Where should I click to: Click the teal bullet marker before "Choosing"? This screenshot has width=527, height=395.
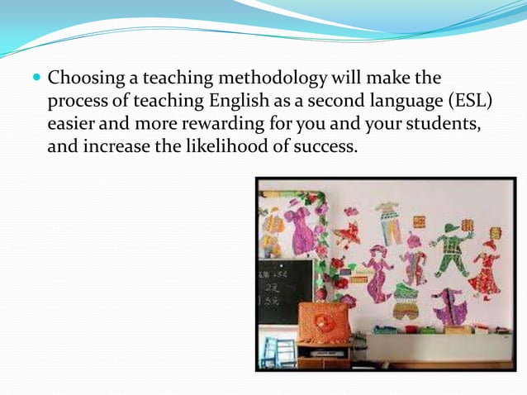click(37, 79)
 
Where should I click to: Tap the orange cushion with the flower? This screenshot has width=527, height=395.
click(322, 322)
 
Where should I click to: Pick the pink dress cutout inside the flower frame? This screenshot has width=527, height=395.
click(298, 229)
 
